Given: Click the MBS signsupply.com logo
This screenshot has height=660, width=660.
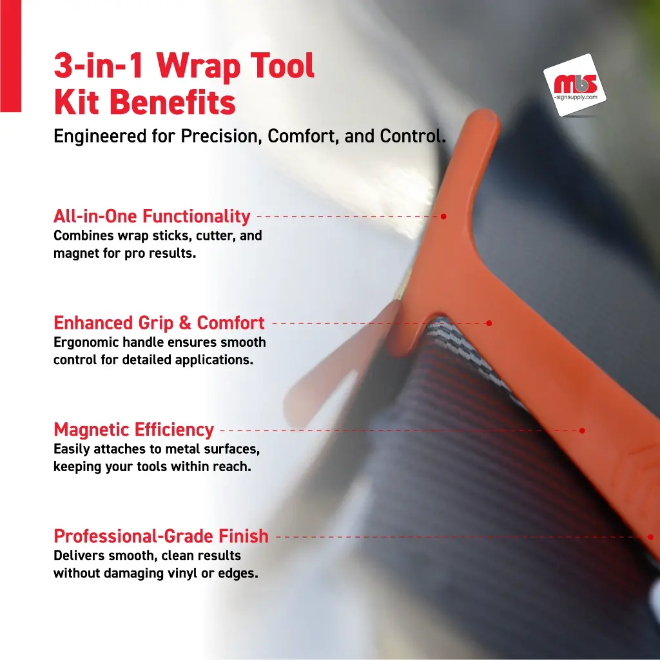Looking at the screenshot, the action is click(x=574, y=85).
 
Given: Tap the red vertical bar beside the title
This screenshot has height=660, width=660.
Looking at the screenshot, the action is click(x=10, y=56).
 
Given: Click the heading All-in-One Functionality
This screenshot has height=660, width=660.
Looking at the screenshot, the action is click(x=152, y=216).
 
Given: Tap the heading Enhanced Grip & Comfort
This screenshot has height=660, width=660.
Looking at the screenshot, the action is click(x=159, y=323).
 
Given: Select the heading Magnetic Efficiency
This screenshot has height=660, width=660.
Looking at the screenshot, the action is click(x=134, y=430).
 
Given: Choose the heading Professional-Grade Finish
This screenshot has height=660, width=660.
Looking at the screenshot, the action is click(x=161, y=536).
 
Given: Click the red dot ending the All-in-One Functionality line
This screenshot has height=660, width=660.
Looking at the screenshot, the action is click(x=443, y=217).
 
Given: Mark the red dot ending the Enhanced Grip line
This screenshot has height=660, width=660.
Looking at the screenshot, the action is click(x=489, y=324).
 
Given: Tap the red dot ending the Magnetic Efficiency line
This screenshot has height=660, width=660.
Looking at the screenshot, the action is click(x=582, y=431).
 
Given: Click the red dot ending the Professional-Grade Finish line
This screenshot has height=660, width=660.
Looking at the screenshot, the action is click(x=650, y=537).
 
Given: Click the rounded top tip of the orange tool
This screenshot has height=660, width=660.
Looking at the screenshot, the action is click(x=484, y=117).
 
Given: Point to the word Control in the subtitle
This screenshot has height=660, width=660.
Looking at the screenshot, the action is click(x=413, y=136).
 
